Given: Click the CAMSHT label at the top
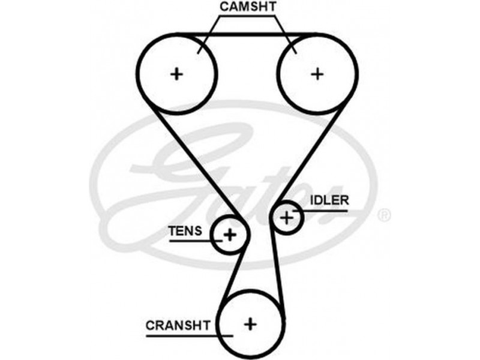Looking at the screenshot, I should [247, 7].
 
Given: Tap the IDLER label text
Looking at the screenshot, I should [329, 200].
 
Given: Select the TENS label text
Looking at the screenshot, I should [188, 230].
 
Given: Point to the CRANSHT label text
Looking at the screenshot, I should [178, 325].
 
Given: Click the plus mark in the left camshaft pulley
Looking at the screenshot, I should [176, 74].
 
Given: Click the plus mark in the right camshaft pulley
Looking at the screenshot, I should [317, 74].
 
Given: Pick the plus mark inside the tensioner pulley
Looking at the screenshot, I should [230, 235].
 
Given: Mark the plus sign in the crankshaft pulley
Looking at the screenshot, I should [250, 323].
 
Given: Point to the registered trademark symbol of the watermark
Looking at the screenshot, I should [385, 214].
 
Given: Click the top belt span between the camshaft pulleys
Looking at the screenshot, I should [247, 34].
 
